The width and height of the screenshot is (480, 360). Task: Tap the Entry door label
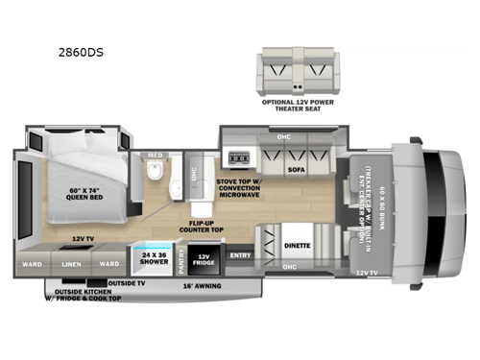click(240, 255)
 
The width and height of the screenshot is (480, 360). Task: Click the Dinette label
click(297, 247)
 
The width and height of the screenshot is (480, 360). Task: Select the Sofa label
click(297, 169)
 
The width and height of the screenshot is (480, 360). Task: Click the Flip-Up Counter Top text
click(201, 227)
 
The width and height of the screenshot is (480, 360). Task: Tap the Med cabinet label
click(154, 155)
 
